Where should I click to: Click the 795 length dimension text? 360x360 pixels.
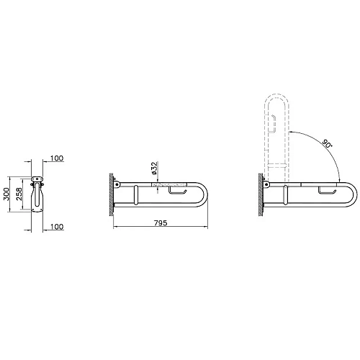161,224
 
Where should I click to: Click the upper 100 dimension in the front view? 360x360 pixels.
58,159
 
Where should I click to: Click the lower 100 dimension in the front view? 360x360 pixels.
58,227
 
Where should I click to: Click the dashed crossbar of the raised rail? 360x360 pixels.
278,168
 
